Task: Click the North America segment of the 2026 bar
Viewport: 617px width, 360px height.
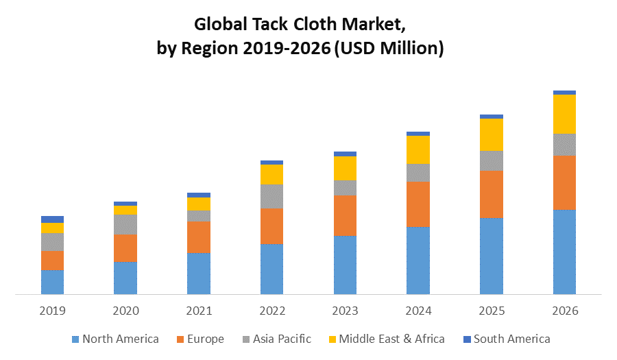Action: (x=564, y=252)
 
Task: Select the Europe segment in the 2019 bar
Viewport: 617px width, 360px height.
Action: (x=52, y=260)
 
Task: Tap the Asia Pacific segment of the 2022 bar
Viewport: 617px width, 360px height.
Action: (x=272, y=196)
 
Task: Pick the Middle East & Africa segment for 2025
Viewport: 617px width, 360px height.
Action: (x=492, y=134)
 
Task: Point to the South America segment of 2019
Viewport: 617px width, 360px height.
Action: (x=52, y=219)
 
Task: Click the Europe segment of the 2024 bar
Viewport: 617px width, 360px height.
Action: (x=418, y=204)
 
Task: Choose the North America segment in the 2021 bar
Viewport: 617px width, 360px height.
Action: (x=199, y=274)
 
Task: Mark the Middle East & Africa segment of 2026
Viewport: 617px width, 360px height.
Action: (x=564, y=114)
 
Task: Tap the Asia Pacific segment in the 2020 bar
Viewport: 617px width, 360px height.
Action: (x=125, y=224)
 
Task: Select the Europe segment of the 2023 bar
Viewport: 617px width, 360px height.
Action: (x=345, y=215)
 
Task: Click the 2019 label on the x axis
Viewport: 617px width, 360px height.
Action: (x=52, y=311)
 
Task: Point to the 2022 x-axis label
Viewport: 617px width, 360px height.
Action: (x=272, y=311)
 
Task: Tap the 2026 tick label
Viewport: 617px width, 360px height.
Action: (x=564, y=311)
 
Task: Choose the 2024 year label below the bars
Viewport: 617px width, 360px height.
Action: (x=418, y=311)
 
